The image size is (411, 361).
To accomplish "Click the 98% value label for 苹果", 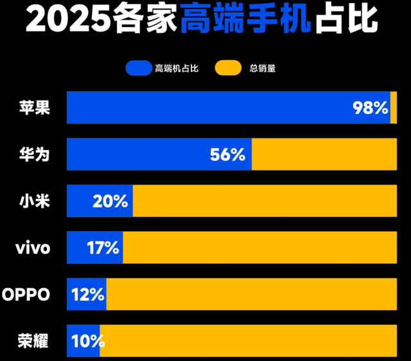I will (371, 108).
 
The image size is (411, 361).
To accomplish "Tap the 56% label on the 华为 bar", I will (227, 154).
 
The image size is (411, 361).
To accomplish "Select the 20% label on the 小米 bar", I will (110, 201).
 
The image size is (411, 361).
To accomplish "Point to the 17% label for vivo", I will (103, 248).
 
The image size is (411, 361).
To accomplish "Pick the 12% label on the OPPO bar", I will (88, 295).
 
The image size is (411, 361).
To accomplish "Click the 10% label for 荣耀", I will (84, 341).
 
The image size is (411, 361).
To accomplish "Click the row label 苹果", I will (34, 107).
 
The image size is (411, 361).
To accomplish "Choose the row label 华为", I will (34, 154).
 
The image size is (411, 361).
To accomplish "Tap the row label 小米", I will (34, 201).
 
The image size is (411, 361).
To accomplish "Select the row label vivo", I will (32, 248).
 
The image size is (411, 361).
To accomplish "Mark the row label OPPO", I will (27, 295).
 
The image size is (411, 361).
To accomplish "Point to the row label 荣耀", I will (34, 341).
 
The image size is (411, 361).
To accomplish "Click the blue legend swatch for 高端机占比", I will (138, 68).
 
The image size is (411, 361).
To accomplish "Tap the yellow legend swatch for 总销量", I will (229, 68).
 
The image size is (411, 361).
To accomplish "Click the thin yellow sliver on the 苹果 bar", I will (394, 107).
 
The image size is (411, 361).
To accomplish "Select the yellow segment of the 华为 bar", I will (324, 154).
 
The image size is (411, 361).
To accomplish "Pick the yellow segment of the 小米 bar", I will (265, 201).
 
